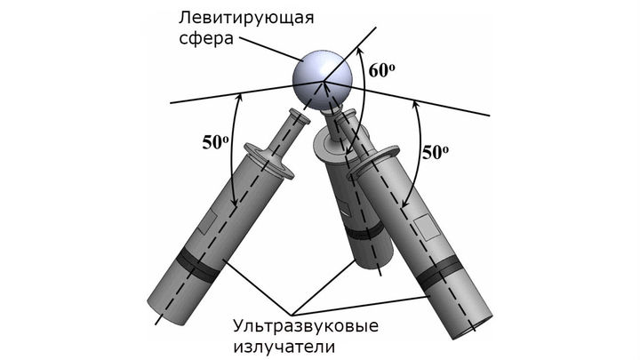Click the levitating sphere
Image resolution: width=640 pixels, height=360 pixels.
[323, 81]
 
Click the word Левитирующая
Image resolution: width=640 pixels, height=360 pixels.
[246, 18]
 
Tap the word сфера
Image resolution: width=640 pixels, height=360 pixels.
[206, 39]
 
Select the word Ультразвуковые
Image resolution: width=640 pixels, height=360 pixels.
[306, 326]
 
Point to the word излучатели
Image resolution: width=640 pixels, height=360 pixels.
[284, 347]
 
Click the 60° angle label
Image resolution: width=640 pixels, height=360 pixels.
[381, 70]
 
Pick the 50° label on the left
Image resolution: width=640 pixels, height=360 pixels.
[215, 142]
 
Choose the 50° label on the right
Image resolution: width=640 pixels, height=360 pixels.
[435, 152]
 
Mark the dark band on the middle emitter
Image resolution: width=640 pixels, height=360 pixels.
[364, 231]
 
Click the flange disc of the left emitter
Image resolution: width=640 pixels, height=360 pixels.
[269, 160]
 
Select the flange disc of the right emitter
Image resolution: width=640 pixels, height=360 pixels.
[372, 164]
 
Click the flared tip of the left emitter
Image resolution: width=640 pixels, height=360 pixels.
[300, 116]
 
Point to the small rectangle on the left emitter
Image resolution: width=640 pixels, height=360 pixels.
[209, 223]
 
